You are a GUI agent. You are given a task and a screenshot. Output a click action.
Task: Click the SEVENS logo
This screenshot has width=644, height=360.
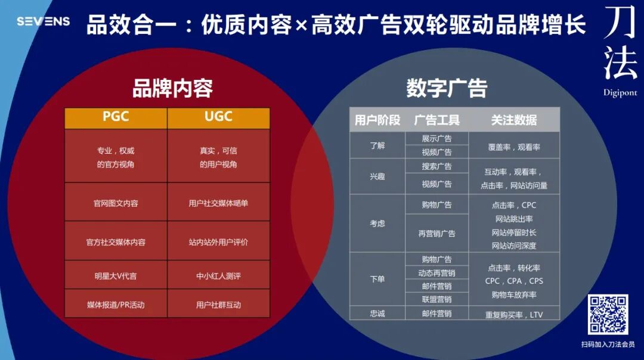coord(43,21)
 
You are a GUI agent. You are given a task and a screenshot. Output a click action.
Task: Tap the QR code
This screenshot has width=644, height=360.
coord(608,314)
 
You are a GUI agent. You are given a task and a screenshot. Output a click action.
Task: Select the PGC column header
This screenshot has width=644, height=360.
coord(116,117)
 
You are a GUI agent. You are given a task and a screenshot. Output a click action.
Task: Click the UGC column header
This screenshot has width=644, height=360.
coord(218,117)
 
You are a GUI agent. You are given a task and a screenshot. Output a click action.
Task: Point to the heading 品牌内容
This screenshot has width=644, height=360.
coord(172,89)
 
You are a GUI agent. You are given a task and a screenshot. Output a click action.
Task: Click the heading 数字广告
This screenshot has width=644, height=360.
coord(447,89)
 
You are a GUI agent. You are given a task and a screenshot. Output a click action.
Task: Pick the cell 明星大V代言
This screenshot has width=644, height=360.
coord(116,276)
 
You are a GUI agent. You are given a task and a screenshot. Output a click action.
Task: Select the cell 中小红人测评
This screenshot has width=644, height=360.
coord(218,276)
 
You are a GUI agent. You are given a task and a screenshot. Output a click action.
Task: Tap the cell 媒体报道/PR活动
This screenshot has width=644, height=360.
coord(116,305)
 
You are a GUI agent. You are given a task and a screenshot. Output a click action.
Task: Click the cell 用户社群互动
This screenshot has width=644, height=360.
coord(218,305)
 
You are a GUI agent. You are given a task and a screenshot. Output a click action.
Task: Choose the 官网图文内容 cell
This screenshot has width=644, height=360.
coord(116,203)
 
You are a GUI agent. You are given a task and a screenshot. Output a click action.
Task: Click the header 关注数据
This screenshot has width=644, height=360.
coord(514,120)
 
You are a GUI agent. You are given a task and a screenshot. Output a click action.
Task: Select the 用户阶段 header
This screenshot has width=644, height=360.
coord(377,120)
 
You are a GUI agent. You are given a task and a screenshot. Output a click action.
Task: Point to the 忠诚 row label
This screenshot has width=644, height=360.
coord(377,314)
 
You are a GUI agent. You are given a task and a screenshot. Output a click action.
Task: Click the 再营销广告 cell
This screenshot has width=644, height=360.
coord(437,234)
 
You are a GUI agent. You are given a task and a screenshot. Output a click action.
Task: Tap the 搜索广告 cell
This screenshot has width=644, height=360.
coord(437,166)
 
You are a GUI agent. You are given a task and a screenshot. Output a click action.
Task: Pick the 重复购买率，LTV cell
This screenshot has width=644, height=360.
coord(514,314)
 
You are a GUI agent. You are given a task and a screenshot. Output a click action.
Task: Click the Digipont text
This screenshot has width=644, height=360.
coord(620,93)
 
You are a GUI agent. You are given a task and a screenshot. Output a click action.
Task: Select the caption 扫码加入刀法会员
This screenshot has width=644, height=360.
coord(608,344)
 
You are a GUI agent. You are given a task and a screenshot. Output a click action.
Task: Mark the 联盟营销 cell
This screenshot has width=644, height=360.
coord(437,299)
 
